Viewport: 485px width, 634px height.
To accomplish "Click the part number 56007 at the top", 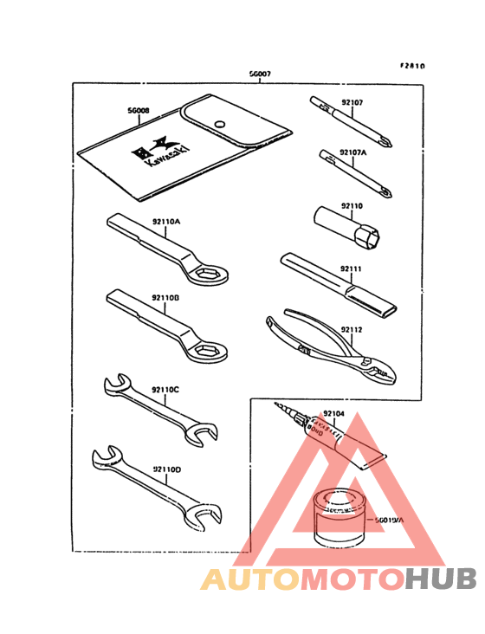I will pos(260,75).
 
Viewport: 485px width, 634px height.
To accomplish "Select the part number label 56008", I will pos(139,112).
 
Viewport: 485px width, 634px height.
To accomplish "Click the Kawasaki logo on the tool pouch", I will pos(149,153).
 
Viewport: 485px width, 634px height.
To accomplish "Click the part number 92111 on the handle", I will pos(351,270).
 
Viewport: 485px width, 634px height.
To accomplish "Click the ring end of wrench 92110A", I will pos(212,275).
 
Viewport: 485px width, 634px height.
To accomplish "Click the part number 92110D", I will pos(165,469).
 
